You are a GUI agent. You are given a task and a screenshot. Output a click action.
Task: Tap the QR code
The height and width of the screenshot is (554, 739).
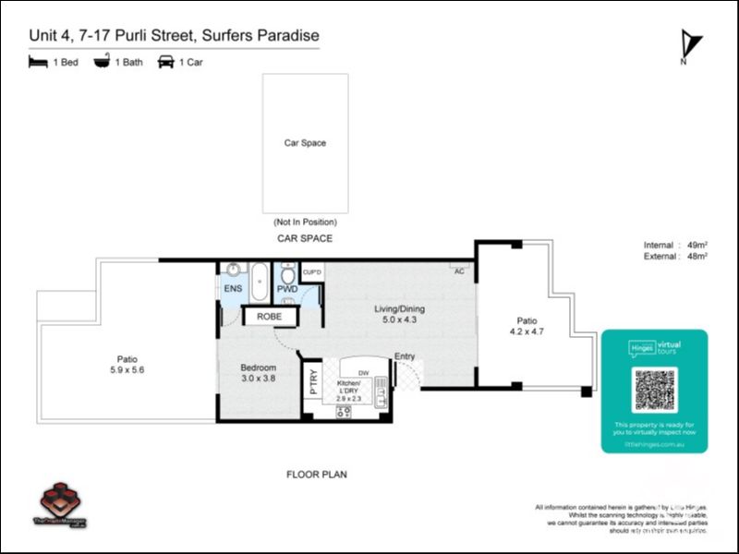[x=655, y=390]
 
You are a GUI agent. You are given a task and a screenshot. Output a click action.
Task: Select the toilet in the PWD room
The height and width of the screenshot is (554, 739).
[x=288, y=274]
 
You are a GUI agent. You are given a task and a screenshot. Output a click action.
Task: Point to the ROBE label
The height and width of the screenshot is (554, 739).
[x=270, y=317]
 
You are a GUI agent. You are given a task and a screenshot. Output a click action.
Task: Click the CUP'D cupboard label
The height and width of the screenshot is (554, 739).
[x=312, y=272]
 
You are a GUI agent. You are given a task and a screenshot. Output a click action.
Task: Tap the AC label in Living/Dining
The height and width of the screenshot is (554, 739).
[x=459, y=271]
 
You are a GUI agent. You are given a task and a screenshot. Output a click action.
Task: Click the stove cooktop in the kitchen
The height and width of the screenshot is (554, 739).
[x=344, y=412]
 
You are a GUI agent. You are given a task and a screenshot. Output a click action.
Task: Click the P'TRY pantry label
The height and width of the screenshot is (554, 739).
[x=313, y=381]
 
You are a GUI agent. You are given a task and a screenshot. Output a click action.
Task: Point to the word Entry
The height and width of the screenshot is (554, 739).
[x=405, y=356]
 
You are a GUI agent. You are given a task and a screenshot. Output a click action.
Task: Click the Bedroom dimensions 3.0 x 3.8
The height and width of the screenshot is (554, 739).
[x=258, y=378]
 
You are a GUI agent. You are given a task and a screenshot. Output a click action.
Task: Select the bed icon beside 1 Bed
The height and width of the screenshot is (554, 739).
[x=38, y=63]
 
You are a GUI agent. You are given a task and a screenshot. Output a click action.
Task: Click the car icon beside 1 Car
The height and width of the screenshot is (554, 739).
[x=166, y=63]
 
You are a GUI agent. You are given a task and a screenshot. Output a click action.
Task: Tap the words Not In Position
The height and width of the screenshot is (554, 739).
[x=305, y=223]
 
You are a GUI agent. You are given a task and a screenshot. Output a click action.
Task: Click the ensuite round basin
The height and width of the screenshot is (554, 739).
[x=233, y=271]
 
